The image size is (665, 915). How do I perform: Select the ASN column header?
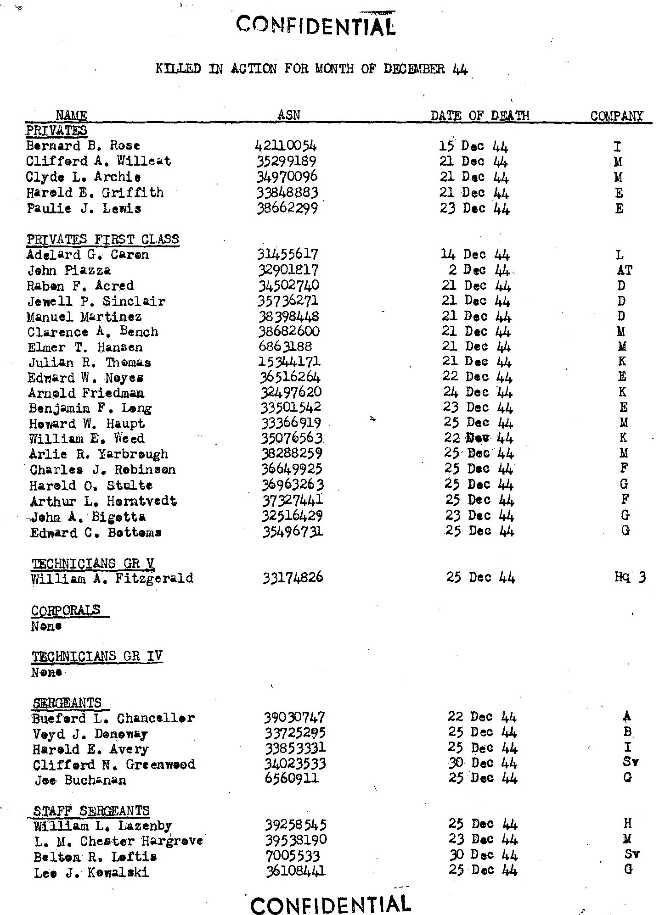point(289,115)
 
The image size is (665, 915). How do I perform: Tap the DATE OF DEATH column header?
point(480,116)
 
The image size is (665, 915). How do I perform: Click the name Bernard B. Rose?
point(83,146)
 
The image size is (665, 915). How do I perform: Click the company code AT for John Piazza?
point(625,270)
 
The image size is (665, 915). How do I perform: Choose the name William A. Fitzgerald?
point(112,578)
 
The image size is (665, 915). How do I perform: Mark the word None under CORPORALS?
point(47,626)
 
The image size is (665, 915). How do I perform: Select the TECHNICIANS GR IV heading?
point(97,657)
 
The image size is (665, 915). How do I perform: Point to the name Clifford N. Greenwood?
point(114,764)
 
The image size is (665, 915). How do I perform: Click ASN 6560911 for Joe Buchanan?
point(292,780)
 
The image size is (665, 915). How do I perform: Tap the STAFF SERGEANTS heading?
point(91,811)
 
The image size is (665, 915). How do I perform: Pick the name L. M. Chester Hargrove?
point(118,842)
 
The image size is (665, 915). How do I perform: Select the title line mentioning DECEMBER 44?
point(312,70)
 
